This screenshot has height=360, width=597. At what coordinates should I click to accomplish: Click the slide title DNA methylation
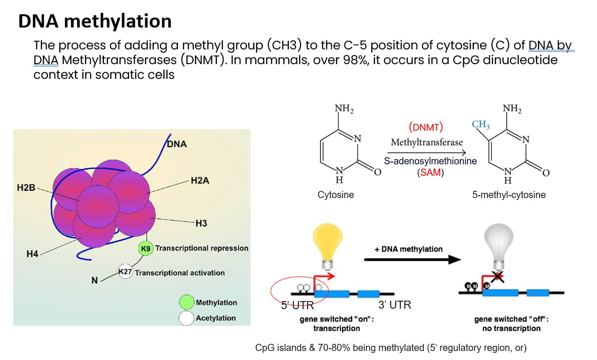(95, 21)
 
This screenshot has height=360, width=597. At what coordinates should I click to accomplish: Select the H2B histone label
(26, 188)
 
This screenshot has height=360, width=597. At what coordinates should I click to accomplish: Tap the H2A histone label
(200, 180)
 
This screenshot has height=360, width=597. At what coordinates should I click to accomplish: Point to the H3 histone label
(201, 223)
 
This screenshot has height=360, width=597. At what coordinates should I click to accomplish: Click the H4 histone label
(32, 254)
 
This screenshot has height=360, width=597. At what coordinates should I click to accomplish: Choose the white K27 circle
(125, 272)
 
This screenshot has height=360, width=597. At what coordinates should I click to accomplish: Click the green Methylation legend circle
(187, 303)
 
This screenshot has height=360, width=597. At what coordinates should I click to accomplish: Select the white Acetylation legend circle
(187, 318)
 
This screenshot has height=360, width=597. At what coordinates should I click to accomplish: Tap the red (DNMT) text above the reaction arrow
(425, 127)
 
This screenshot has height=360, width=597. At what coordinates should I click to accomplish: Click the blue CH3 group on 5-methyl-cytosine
(481, 125)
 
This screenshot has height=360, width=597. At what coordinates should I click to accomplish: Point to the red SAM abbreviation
(430, 173)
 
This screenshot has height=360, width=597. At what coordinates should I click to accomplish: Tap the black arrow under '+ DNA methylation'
(413, 259)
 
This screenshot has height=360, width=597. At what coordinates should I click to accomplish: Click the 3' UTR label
(394, 305)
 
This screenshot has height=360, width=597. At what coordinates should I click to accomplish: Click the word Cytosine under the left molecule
(336, 195)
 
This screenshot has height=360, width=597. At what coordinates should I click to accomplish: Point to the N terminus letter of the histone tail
(95, 281)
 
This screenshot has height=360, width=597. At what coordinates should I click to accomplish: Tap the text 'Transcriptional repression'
(202, 248)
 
